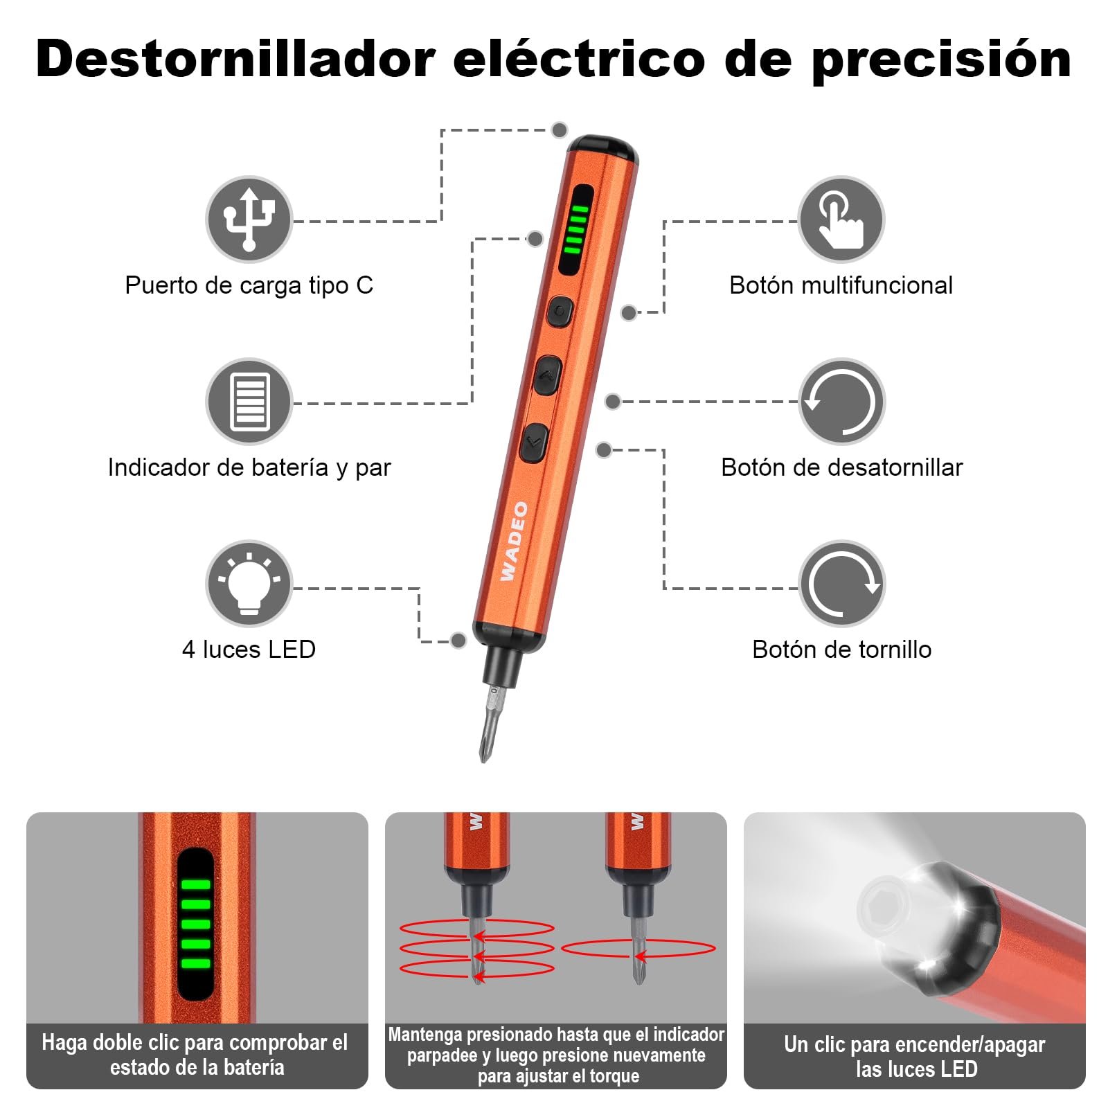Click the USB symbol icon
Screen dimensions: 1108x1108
[x=249, y=220]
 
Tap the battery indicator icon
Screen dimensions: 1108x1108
[x=249, y=402]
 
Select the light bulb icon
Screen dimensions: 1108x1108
[x=249, y=584]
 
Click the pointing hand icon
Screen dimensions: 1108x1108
[x=841, y=220]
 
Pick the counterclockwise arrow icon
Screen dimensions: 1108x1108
[x=841, y=402]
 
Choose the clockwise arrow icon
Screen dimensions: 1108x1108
[x=841, y=584]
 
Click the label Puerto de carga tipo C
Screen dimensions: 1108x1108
[x=249, y=285]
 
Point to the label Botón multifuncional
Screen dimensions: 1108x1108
[x=841, y=285]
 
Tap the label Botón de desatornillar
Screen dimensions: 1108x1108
[x=841, y=467]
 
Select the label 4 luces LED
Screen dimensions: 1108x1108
[x=249, y=650]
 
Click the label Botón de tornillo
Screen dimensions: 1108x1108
[x=841, y=650]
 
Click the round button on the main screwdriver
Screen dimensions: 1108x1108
[x=560, y=312]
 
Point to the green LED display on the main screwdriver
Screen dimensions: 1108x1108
[x=575, y=229]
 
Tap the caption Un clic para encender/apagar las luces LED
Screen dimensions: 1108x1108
[x=915, y=1056]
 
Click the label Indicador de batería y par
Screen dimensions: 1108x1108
[x=249, y=467]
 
